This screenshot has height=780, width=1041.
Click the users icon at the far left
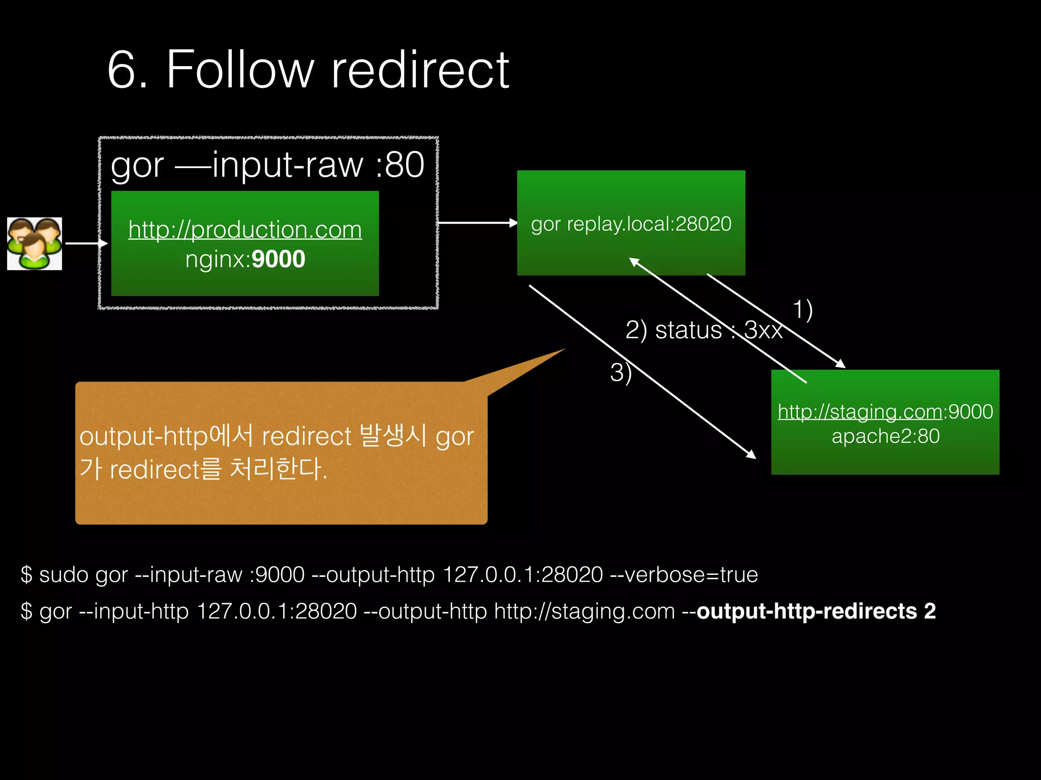click(x=35, y=244)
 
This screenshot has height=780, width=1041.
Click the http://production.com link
click(x=245, y=230)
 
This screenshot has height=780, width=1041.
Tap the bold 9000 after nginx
click(x=278, y=259)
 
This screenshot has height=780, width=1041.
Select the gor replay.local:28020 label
click(x=631, y=224)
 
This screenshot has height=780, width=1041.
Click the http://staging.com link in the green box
click(x=860, y=411)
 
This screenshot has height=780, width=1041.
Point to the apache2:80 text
click(x=885, y=436)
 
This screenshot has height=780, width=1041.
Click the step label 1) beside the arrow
click(x=803, y=310)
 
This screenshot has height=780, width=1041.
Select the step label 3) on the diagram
click(x=621, y=373)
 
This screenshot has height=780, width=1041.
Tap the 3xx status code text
click(x=763, y=331)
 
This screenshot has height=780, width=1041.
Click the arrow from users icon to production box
click(x=86, y=244)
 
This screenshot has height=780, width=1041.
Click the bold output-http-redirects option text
click(x=816, y=611)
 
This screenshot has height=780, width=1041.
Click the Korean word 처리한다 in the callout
click(x=278, y=468)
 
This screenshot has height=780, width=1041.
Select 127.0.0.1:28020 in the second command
click(x=277, y=611)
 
